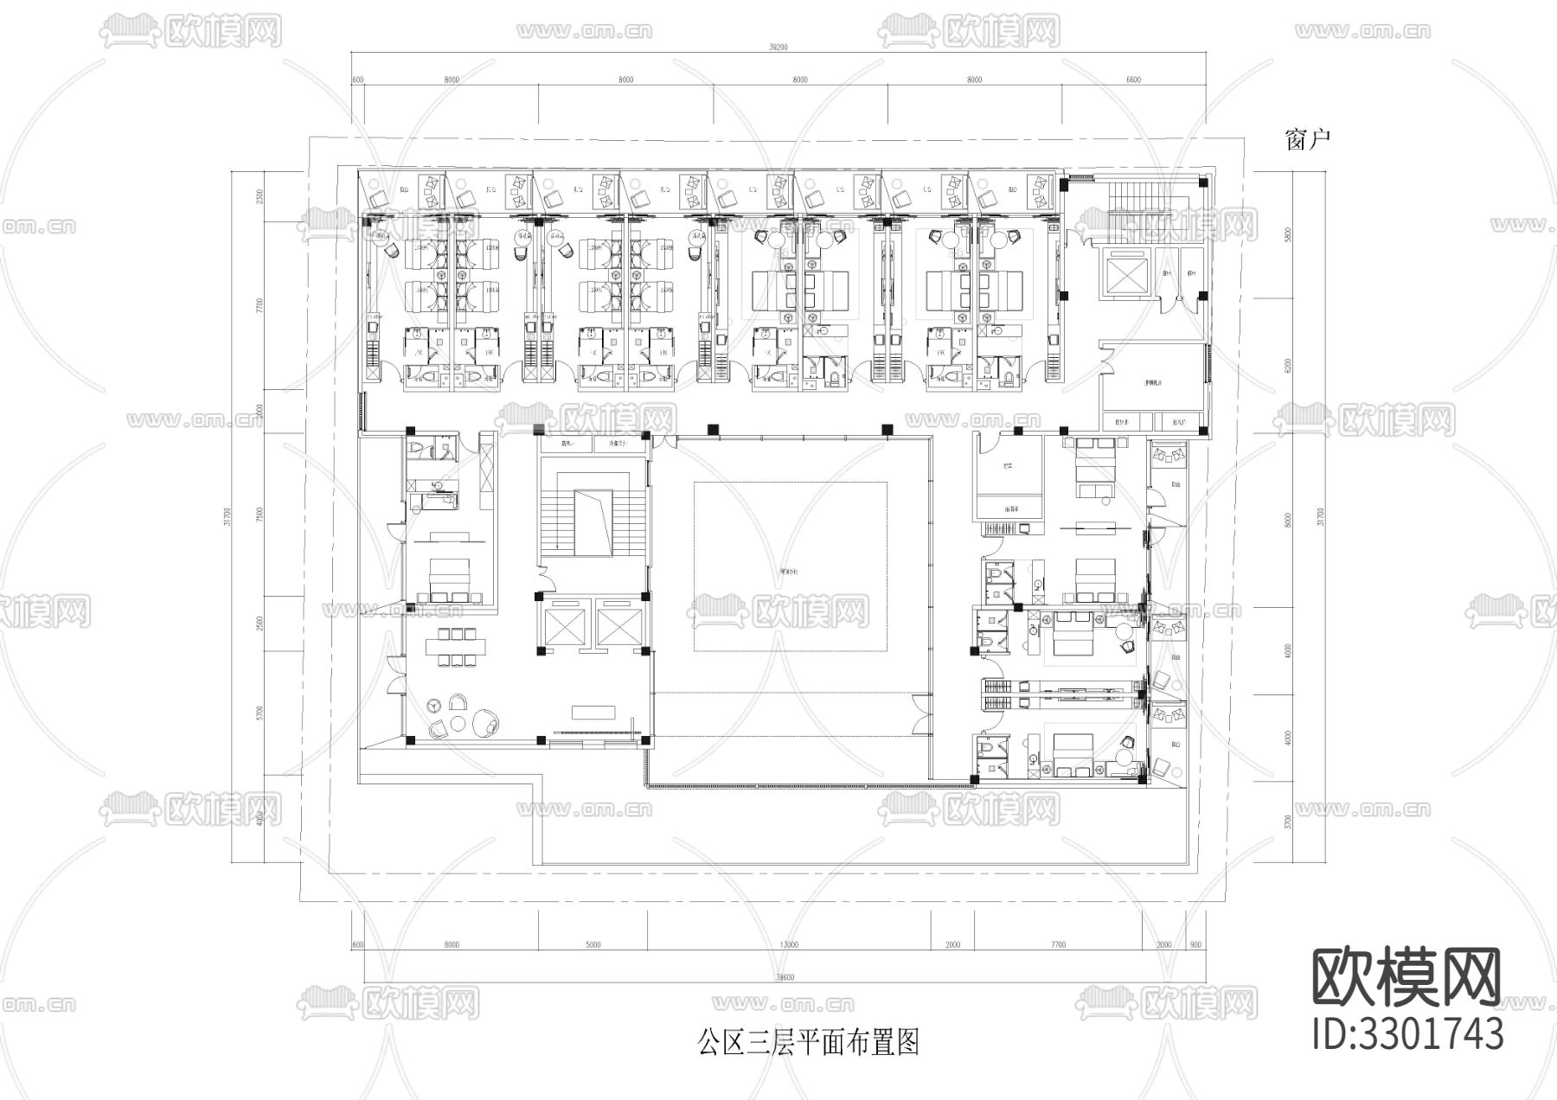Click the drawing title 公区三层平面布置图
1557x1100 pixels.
[808, 1041]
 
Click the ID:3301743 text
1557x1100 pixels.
[1407, 1033]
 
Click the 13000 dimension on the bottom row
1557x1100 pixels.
[788, 944]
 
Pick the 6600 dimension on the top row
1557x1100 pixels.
[1133, 80]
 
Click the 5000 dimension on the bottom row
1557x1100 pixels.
[593, 944]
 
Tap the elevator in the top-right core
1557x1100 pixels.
[1122, 275]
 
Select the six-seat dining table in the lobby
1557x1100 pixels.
[455, 646]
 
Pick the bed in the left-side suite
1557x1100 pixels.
[448, 578]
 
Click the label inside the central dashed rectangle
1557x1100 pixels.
[789, 572]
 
